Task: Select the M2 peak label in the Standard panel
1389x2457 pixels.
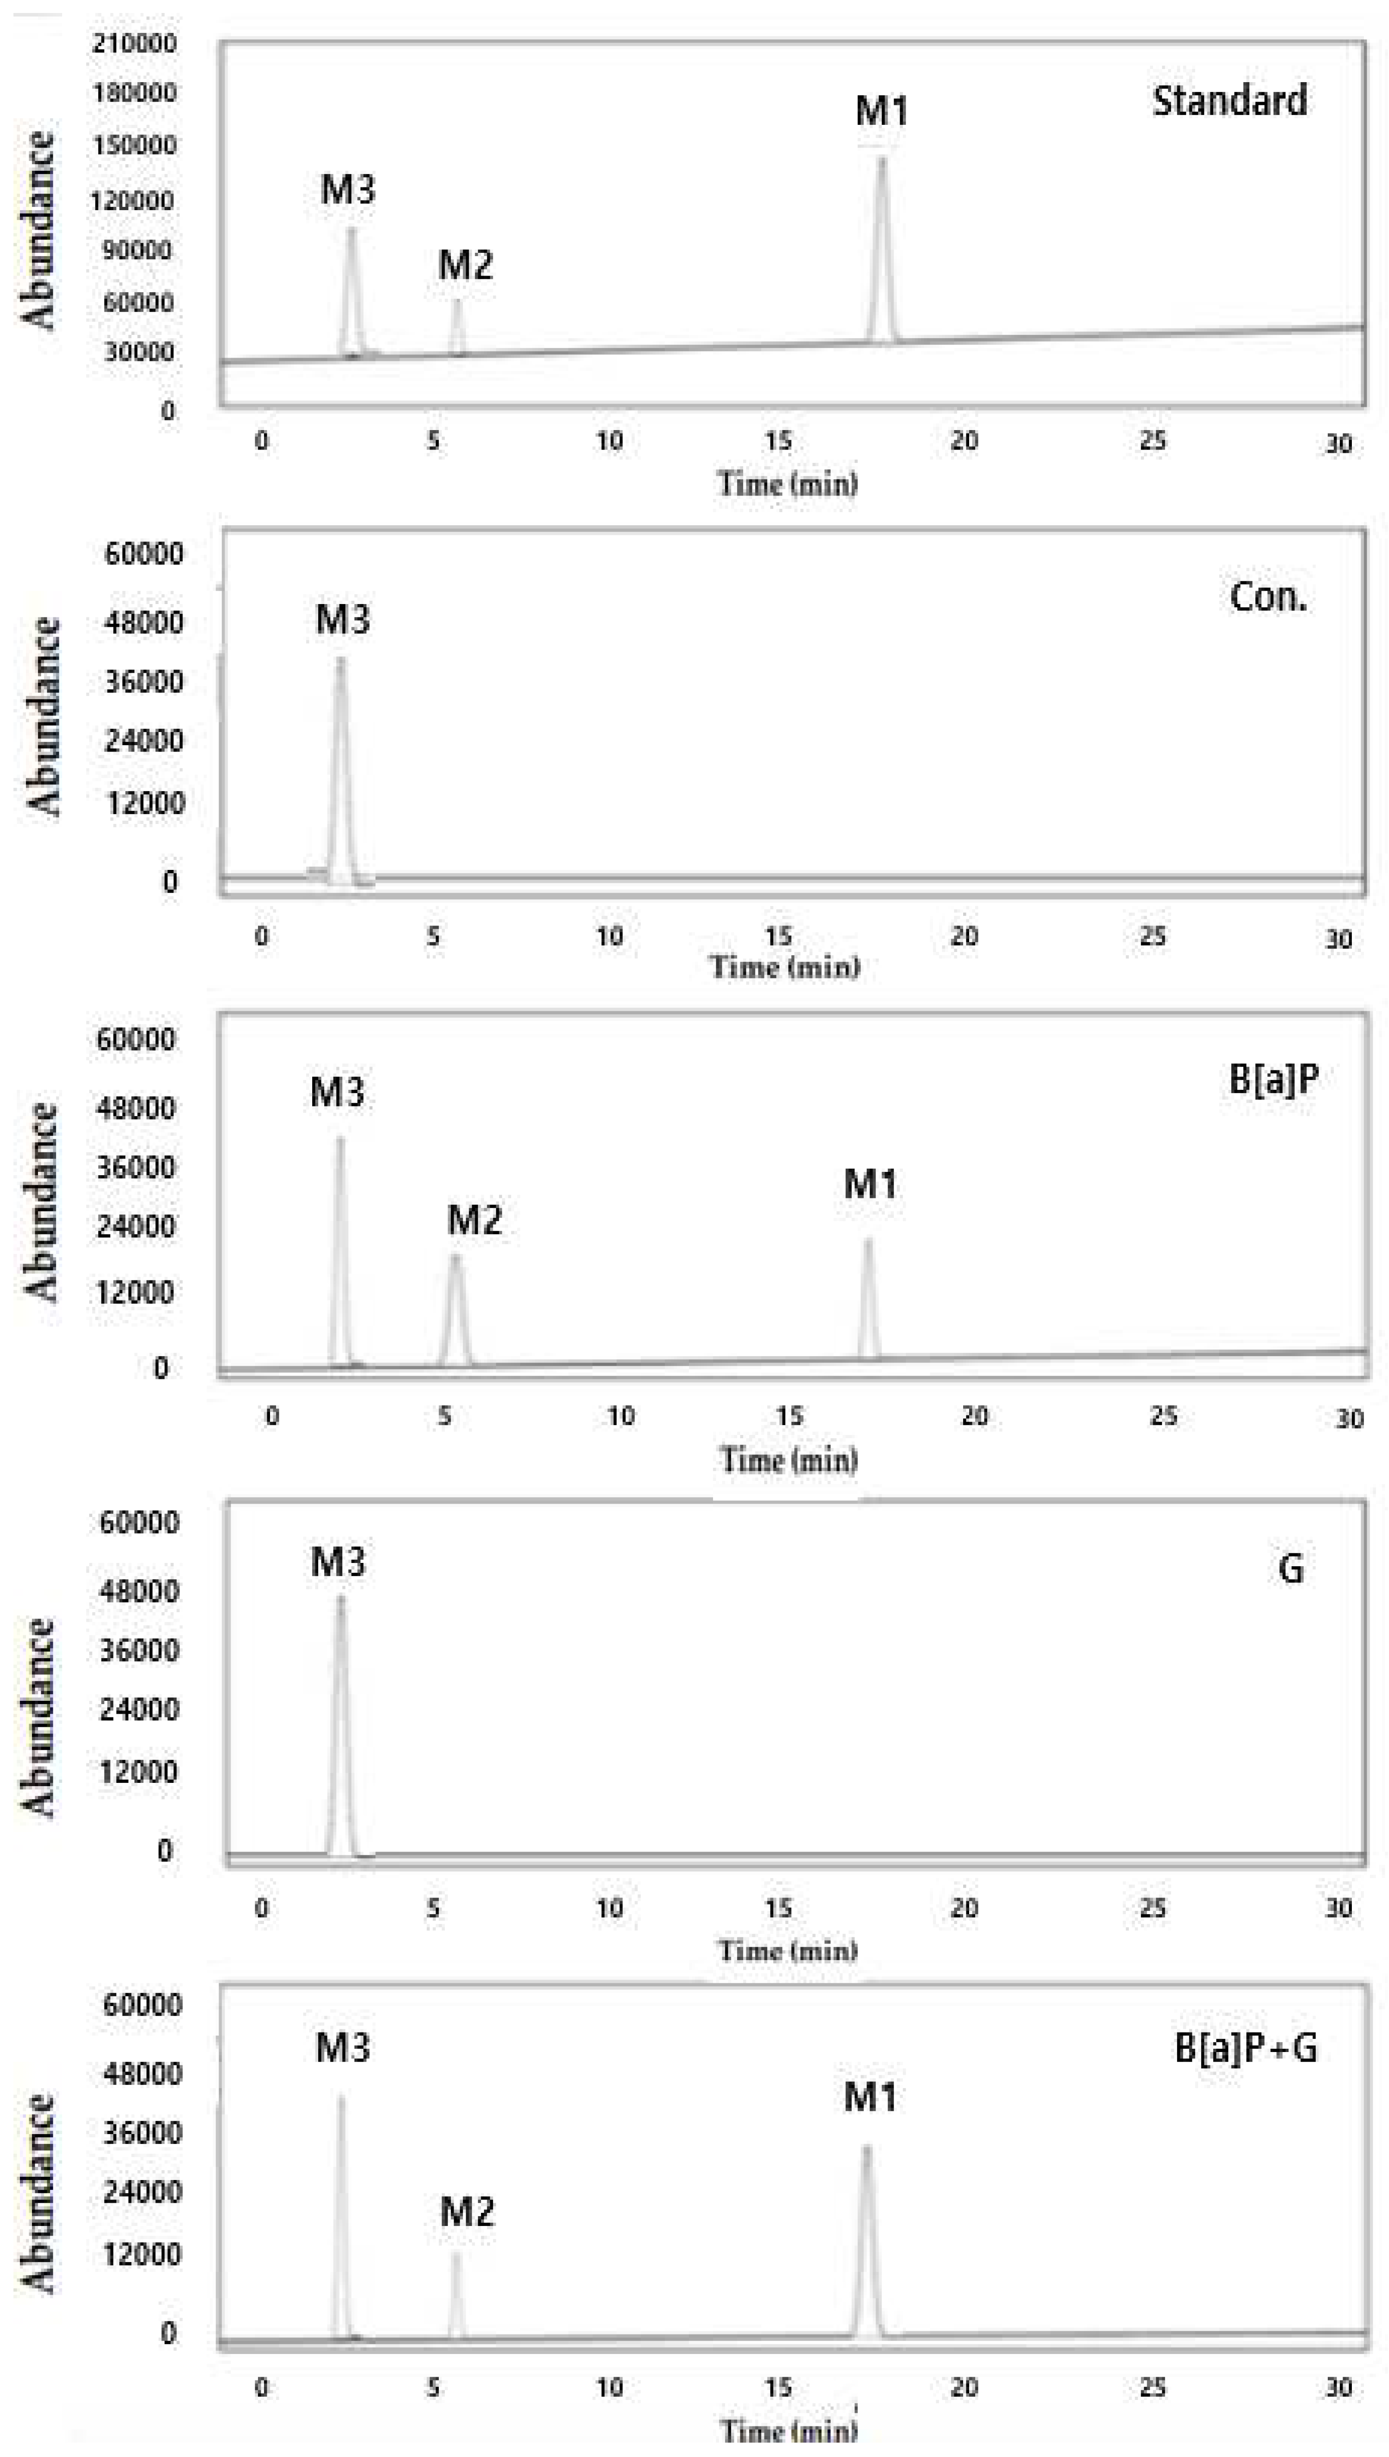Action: pyautogui.click(x=465, y=265)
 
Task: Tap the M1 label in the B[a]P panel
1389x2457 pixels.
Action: pyautogui.click(x=870, y=1184)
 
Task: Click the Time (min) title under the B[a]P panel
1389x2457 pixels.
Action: pyautogui.click(x=788, y=1460)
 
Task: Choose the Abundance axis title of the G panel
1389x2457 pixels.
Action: pyautogui.click(x=38, y=1717)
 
